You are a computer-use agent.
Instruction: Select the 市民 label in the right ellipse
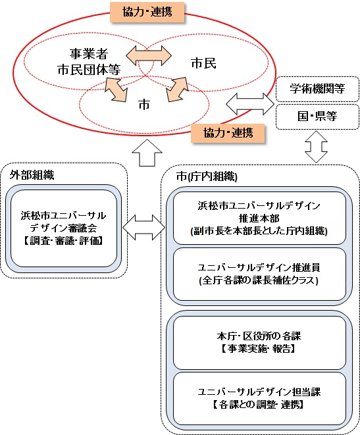click(x=204, y=64)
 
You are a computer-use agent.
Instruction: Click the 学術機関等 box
click(x=317, y=88)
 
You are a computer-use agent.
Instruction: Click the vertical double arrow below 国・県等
click(x=317, y=145)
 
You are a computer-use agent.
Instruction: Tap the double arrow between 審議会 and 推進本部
click(x=143, y=228)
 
